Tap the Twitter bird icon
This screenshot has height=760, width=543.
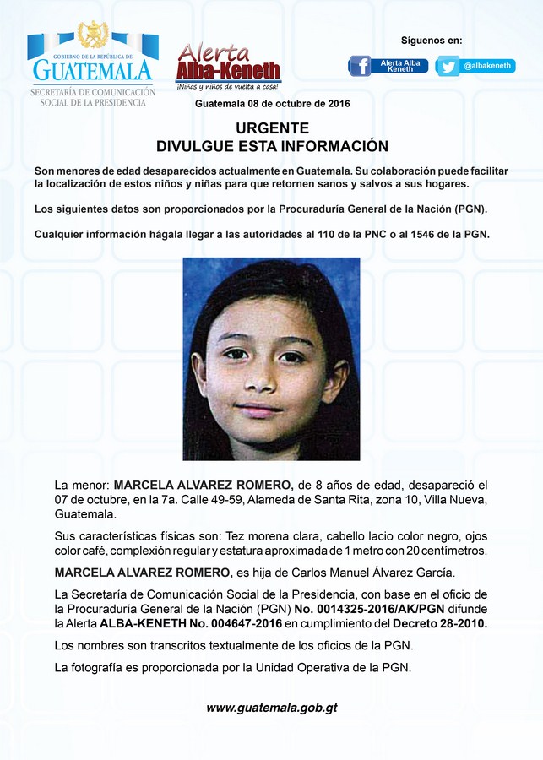point(448,66)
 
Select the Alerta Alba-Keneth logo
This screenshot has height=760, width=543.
point(228,64)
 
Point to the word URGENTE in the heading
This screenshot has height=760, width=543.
point(272,128)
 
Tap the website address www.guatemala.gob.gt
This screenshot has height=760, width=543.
point(272,708)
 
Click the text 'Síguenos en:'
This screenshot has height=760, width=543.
point(432,41)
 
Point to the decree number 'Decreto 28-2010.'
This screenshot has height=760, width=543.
point(441,623)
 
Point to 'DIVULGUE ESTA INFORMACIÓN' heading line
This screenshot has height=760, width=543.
point(272,146)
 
